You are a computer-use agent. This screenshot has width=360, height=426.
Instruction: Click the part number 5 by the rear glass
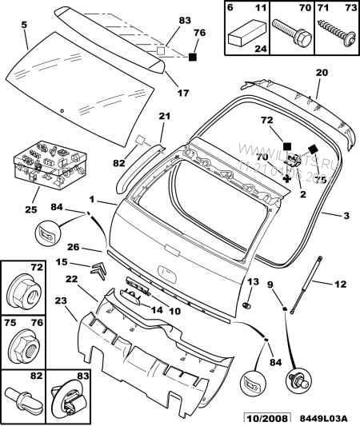[23, 25]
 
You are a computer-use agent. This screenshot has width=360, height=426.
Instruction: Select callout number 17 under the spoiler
[183, 93]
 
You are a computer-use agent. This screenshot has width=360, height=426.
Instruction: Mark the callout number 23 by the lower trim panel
[60, 301]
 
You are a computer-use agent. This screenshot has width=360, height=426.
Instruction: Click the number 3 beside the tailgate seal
[346, 216]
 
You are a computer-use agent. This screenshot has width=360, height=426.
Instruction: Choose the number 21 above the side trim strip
[163, 117]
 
